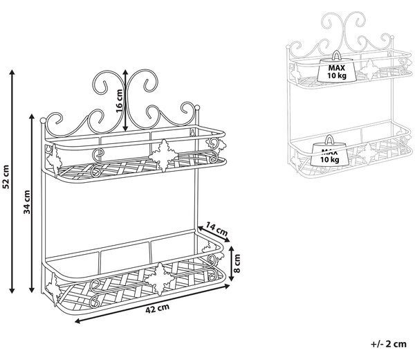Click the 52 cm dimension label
point(6,177)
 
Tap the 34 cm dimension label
point(27,201)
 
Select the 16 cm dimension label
point(119,101)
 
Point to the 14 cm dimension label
point(216,229)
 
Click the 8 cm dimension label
point(237,263)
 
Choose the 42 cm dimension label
point(157,309)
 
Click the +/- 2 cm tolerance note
point(389,344)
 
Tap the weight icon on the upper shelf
point(336,67)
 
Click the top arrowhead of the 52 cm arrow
point(12,72)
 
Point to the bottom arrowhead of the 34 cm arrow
point(32,290)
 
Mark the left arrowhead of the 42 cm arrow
point(77,321)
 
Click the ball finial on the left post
point(43,120)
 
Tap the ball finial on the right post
point(197,107)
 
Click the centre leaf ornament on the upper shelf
point(163,156)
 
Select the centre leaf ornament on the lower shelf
point(160,279)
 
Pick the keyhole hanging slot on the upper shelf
point(192,132)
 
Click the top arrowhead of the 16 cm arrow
point(125,73)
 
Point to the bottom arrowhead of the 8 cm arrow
point(231,278)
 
